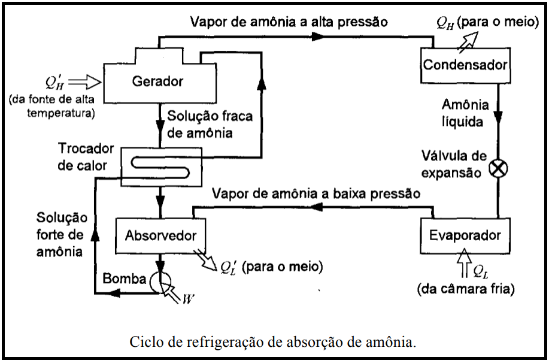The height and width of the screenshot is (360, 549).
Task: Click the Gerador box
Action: pos(158,80)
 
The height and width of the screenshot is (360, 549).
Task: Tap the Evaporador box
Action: pos(465,235)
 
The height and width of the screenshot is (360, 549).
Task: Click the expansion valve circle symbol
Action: pos(498,168)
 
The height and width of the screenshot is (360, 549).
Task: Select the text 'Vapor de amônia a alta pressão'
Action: pos(289,22)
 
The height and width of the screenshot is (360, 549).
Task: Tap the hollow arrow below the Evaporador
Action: pos(465,264)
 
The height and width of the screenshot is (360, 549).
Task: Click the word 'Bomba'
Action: pos(124,279)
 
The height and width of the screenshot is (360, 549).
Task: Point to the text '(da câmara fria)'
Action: pos(465,290)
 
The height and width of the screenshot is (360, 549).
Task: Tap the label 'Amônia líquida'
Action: pos(465,113)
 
